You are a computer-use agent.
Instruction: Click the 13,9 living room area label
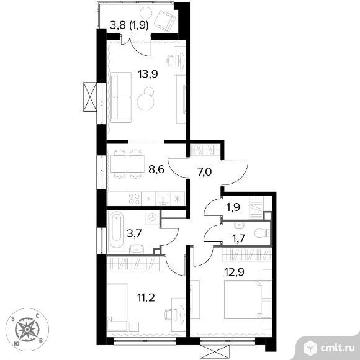click(x=148, y=74)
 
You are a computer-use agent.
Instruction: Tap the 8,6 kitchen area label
click(x=156, y=169)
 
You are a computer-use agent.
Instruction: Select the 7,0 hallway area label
click(x=204, y=171)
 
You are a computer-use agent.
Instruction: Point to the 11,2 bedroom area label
click(x=146, y=298)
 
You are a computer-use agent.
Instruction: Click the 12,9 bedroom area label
click(x=234, y=272)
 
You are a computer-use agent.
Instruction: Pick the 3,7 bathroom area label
click(x=134, y=235)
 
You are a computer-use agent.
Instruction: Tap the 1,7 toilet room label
click(x=238, y=239)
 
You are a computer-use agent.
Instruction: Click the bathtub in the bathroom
click(x=117, y=231)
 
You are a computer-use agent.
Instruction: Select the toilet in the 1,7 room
click(x=263, y=233)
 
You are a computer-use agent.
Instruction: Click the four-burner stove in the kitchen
click(x=134, y=199)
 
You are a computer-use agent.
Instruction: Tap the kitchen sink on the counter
click(x=163, y=199)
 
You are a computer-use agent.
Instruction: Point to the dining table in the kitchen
click(x=127, y=164)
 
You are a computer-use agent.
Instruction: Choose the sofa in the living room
click(x=121, y=97)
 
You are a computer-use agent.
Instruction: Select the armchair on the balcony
click(x=165, y=19)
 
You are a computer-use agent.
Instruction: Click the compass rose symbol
click(x=27, y=330)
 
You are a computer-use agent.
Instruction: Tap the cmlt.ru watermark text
click(x=336, y=348)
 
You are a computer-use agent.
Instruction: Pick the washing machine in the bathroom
click(x=151, y=217)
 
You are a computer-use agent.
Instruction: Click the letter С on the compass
click(x=37, y=316)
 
